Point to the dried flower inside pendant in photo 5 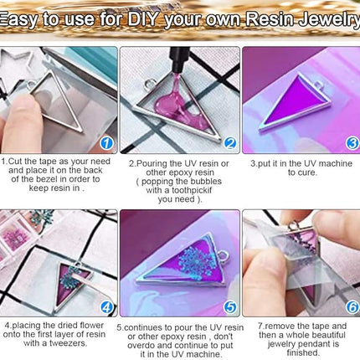tap(175, 260)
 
